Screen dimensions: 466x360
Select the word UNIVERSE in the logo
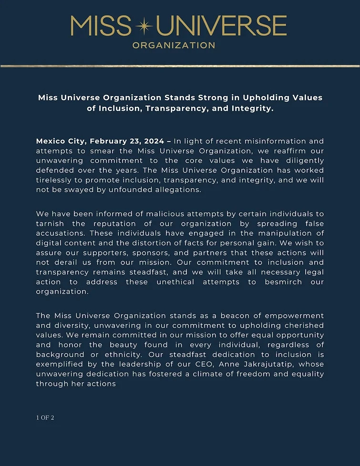(221, 27)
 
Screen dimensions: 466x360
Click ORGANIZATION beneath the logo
(173, 46)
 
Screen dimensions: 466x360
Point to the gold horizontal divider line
(180, 66)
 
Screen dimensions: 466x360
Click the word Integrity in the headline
(251, 108)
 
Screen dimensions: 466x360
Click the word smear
(81, 151)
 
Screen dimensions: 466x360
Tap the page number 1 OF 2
(45, 418)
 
